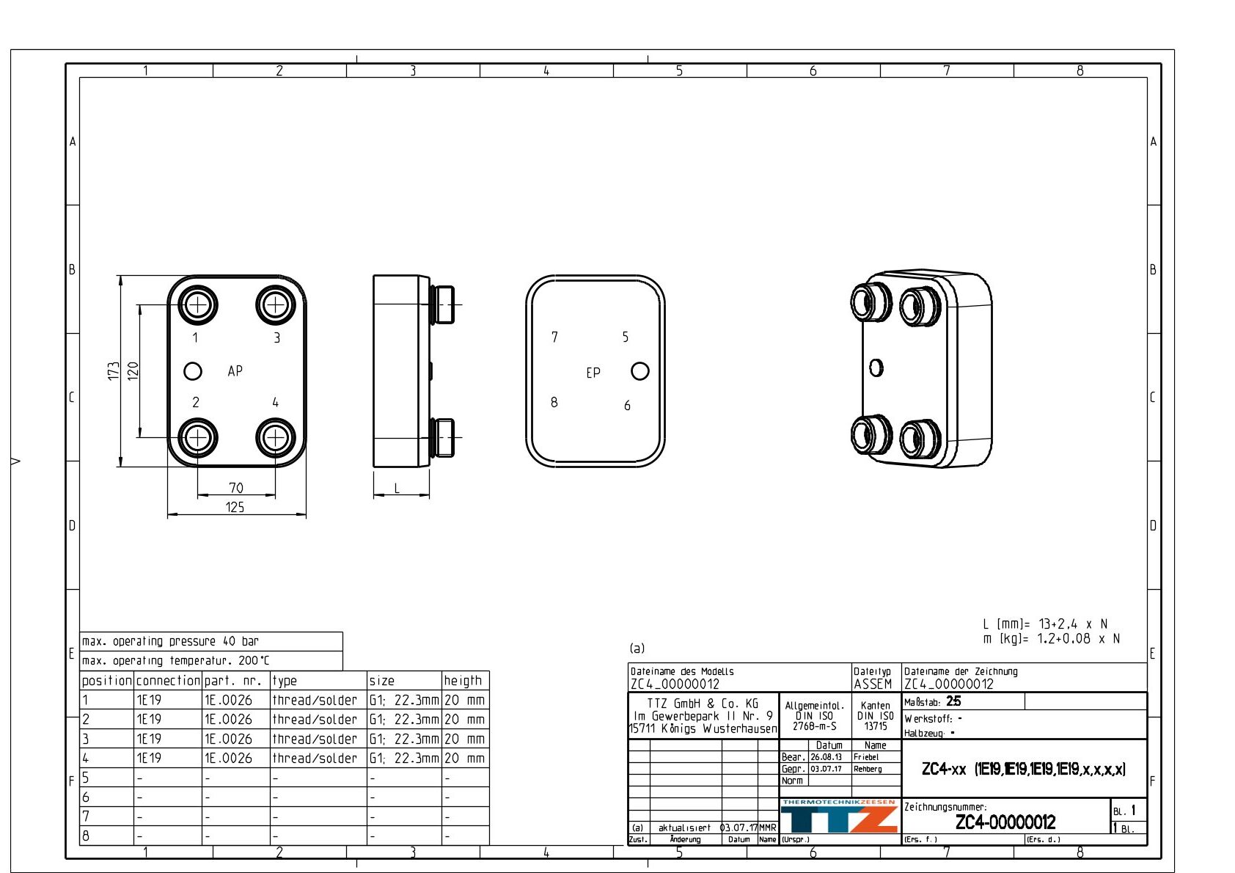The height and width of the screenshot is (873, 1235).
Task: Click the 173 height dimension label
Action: tap(114, 370)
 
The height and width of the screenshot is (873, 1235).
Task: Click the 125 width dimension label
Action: tap(235, 507)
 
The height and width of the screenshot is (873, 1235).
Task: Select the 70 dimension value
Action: tap(235, 488)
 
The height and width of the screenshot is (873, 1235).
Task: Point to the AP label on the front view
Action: tap(235, 371)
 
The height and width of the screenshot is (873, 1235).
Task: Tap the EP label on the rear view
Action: tap(593, 373)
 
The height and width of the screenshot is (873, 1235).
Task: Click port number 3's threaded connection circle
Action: tap(275, 304)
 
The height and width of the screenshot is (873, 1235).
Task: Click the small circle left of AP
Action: tap(193, 371)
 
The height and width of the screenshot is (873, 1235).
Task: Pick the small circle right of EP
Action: tap(640, 371)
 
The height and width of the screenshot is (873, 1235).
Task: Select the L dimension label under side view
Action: tap(397, 488)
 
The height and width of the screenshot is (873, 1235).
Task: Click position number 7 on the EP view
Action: tap(554, 337)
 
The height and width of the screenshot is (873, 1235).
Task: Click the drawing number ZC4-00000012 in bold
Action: tap(1005, 822)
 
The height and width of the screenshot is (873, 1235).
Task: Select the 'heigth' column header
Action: tap(463, 681)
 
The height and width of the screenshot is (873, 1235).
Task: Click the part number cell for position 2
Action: tap(228, 720)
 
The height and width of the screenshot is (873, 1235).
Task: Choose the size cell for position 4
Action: tap(403, 759)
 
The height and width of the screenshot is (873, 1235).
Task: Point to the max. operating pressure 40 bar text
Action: tap(171, 641)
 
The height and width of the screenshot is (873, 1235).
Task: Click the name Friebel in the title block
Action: tap(866, 757)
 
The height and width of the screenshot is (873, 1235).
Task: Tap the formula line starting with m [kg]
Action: tap(1051, 639)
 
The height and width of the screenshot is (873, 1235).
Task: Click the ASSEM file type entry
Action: tap(873, 684)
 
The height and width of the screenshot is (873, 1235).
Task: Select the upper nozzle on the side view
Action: tap(443, 304)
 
